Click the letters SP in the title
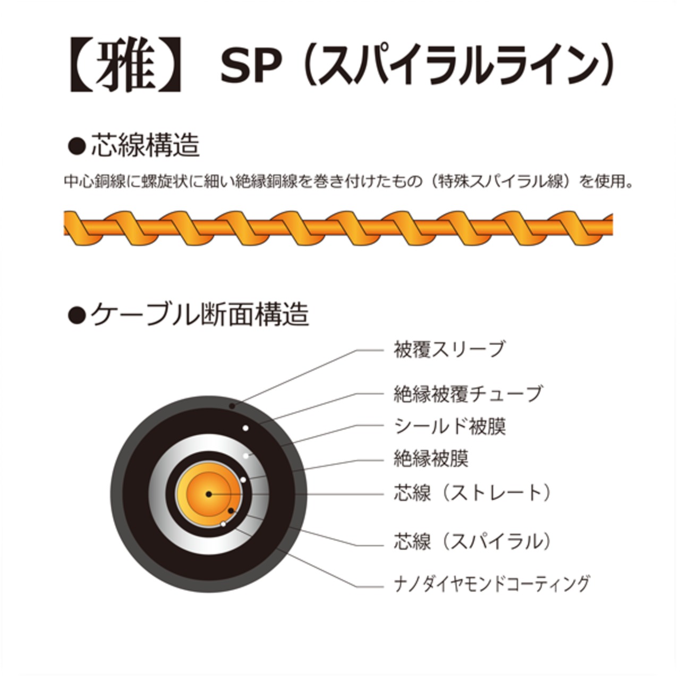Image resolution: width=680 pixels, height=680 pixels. [x=250, y=66]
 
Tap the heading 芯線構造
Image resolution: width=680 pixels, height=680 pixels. [x=145, y=146]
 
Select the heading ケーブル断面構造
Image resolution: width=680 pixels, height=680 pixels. [x=199, y=314]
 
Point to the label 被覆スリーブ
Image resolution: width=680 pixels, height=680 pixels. [x=449, y=350]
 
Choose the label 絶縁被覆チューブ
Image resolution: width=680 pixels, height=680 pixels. [x=468, y=394]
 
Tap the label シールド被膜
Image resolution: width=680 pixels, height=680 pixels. [x=449, y=426]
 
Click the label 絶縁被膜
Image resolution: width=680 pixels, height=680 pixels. [x=431, y=458]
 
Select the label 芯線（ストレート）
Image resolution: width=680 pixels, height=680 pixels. [x=472, y=493]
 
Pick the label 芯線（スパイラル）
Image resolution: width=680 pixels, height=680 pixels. [x=472, y=541]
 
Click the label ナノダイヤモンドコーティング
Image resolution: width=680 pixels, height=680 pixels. [x=491, y=583]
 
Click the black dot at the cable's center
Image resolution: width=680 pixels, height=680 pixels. [x=209, y=494]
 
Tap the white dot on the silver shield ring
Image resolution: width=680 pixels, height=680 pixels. [x=246, y=456]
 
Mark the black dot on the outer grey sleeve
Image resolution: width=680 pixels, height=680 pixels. [x=232, y=406]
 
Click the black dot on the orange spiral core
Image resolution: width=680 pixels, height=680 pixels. [x=231, y=511]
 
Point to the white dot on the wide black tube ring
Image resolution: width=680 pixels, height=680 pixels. [x=245, y=428]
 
